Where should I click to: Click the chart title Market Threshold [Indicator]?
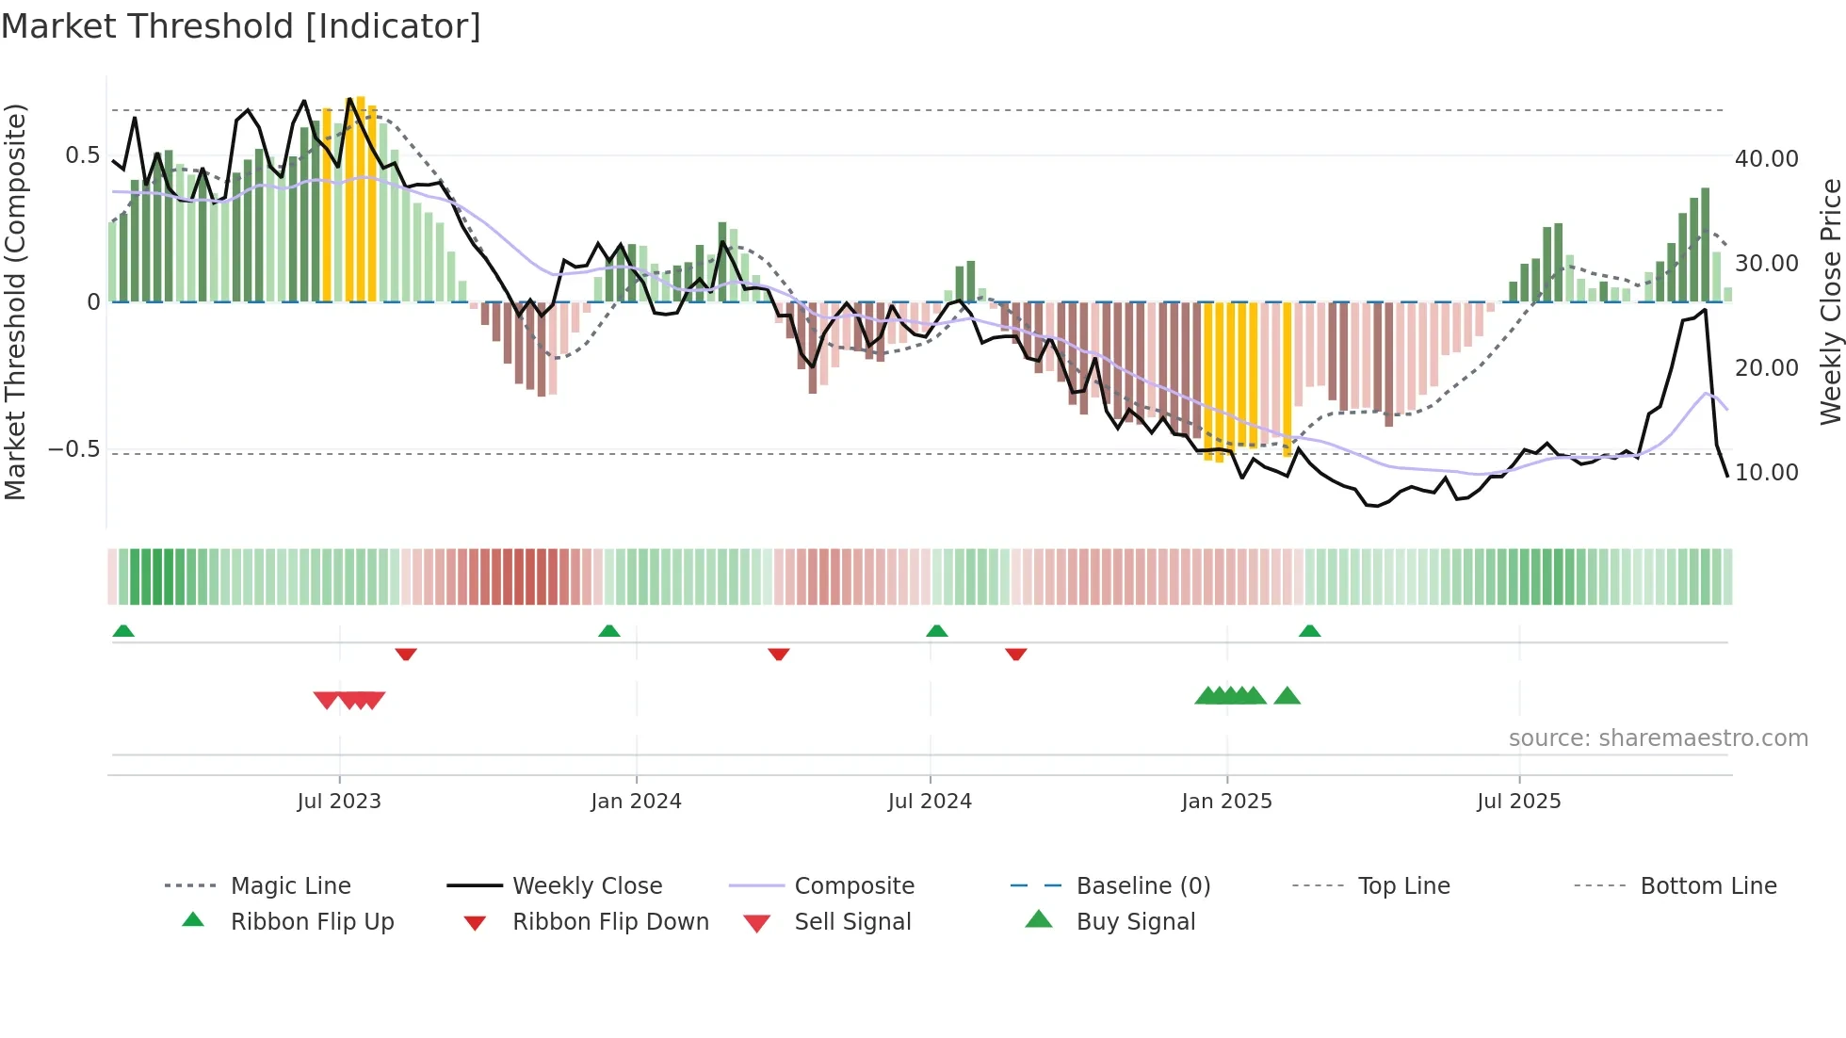coord(241,26)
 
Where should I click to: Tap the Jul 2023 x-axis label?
coord(339,802)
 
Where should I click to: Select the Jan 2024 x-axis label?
coord(636,802)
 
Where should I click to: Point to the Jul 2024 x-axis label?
coord(930,802)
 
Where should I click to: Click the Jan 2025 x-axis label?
coord(1226,802)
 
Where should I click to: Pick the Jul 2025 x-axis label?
coord(1518,802)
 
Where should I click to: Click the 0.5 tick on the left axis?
coord(82,155)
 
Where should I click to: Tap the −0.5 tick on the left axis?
coord(74,449)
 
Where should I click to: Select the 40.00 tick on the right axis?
coord(1766,159)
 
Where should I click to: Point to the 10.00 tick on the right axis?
coord(1766,473)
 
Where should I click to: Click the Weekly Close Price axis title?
coord(1830,301)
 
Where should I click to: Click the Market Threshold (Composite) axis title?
coord(15,301)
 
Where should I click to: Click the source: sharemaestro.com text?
coord(1658,738)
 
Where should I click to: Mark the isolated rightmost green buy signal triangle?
coord(1287,696)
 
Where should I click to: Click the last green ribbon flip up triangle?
coord(1309,631)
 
